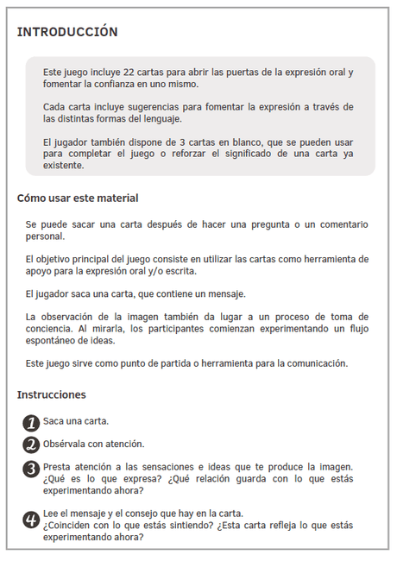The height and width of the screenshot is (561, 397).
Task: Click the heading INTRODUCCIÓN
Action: pyautogui.click(x=67, y=32)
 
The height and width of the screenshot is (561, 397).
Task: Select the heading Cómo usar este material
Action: pyautogui.click(x=78, y=198)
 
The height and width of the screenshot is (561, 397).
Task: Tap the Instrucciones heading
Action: pyautogui.click(x=52, y=394)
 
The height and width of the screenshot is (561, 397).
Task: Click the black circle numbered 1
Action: pyautogui.click(x=31, y=422)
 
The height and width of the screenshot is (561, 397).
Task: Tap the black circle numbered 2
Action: pyautogui.click(x=31, y=444)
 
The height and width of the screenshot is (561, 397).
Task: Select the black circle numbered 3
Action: pyautogui.click(x=31, y=469)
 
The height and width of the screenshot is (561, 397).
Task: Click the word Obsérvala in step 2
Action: pyautogui.click(x=65, y=444)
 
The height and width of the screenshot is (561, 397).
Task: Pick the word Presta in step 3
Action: pyautogui.click(x=57, y=467)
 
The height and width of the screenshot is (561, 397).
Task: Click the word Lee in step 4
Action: pyautogui.click(x=51, y=513)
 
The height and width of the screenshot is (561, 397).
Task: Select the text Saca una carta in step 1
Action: pyautogui.click(x=76, y=421)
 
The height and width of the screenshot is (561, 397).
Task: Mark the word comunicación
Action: pyautogui.click(x=314, y=363)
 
